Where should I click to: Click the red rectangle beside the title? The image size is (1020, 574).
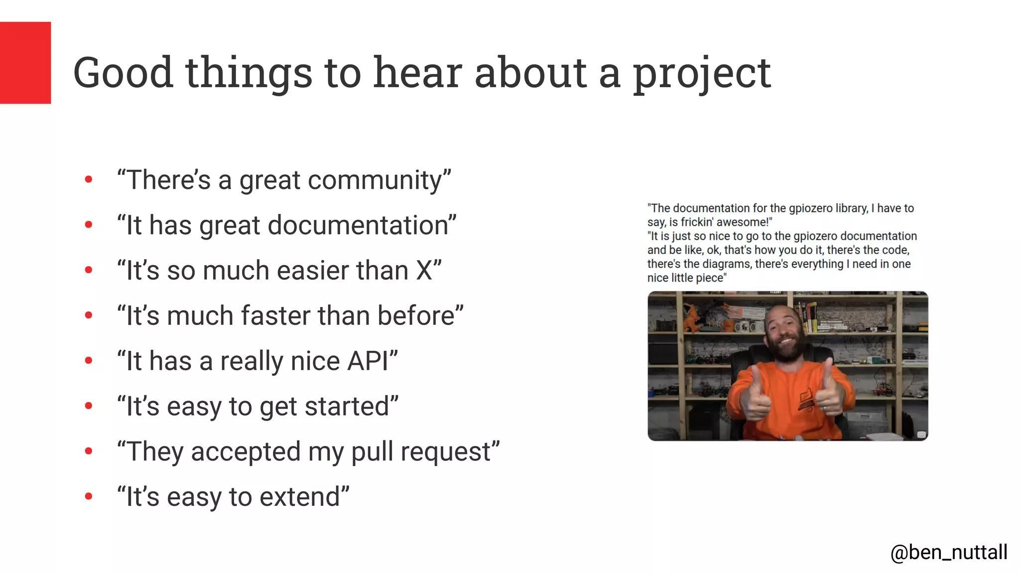coord(25,62)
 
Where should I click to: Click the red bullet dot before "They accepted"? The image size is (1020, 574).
coord(89,451)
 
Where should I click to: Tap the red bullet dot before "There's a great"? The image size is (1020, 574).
coord(89,179)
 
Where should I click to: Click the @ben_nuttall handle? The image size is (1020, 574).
coord(948,552)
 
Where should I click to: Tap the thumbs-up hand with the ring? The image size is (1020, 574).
coord(827,394)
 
